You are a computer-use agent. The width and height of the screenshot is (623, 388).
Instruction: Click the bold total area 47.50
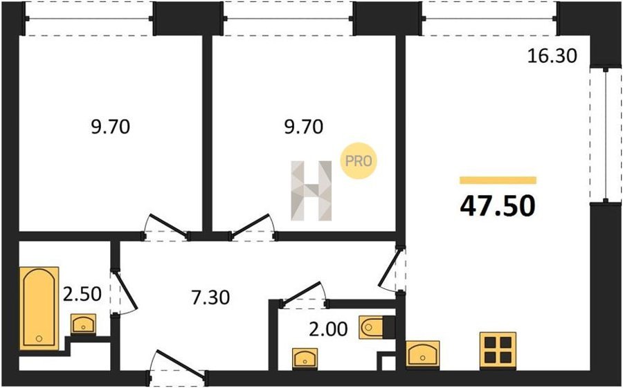(498, 205)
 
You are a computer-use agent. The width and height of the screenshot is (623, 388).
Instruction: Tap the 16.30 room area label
(552, 56)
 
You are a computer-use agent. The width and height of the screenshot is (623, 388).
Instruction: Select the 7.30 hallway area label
(210, 297)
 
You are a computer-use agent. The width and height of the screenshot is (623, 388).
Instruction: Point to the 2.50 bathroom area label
(82, 294)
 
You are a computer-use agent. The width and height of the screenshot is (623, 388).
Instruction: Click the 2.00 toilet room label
(328, 329)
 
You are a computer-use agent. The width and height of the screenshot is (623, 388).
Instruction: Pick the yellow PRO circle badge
(359, 160)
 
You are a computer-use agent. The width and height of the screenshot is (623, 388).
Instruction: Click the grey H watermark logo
(311, 191)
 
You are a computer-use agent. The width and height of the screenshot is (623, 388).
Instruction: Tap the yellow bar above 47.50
(498, 181)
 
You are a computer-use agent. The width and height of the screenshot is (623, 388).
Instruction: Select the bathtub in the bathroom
(39, 308)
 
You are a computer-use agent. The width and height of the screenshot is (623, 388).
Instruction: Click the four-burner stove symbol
(498, 349)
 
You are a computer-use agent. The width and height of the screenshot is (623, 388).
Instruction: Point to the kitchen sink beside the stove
(423, 353)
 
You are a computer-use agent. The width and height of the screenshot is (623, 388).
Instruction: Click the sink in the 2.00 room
(305, 358)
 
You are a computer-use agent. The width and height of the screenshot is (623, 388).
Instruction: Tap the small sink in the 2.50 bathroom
(83, 324)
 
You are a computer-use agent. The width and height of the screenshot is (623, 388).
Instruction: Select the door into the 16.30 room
(392, 270)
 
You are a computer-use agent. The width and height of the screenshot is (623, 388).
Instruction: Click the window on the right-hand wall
(606, 135)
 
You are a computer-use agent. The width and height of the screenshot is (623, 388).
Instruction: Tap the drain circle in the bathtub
(39, 339)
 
